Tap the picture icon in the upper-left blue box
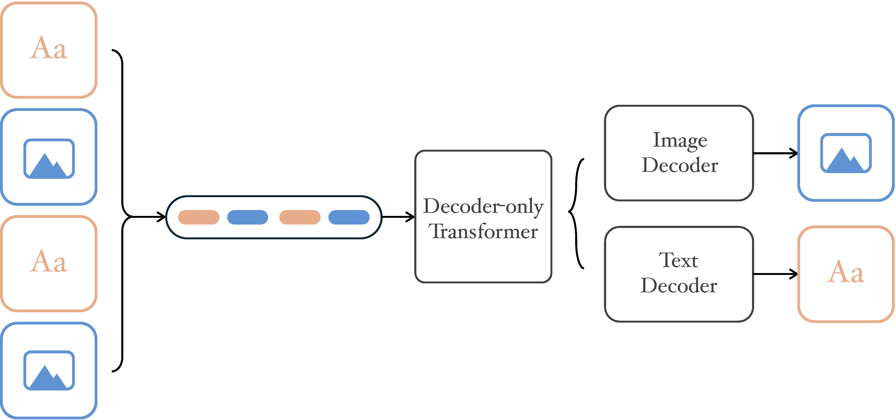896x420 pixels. [49, 159]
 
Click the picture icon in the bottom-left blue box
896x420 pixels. [49, 370]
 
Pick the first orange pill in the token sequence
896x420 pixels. [199, 217]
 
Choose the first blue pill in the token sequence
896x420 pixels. [248, 217]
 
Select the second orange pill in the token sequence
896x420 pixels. [300, 217]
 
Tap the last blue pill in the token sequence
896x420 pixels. [349, 217]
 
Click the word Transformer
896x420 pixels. [483, 231]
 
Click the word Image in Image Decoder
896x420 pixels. [680, 141]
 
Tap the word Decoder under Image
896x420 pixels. [680, 165]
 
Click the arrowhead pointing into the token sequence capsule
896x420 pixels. [163, 217]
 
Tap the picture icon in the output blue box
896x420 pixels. [846, 153]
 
